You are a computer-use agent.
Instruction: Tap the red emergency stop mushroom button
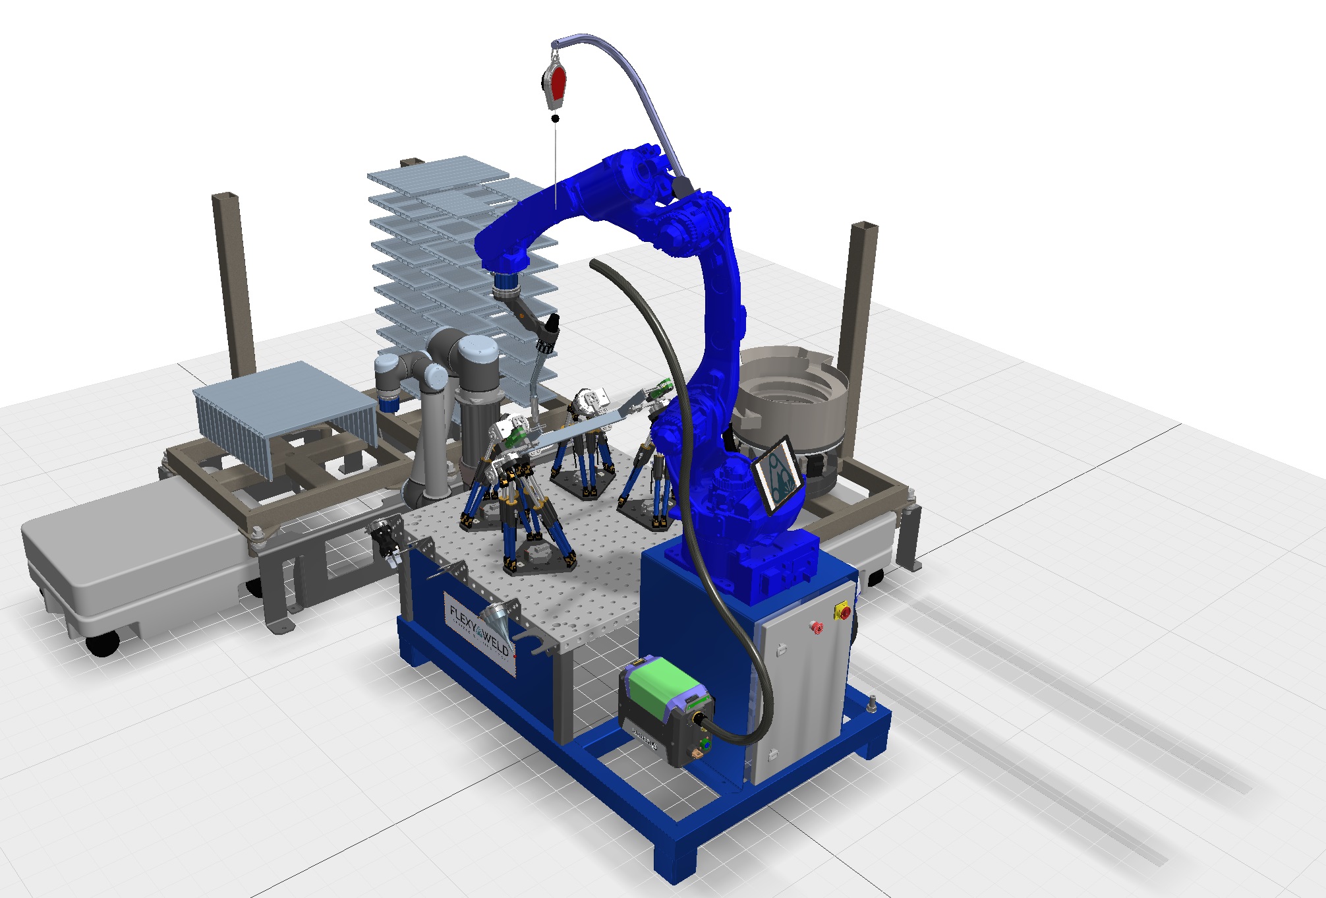(x=817, y=626)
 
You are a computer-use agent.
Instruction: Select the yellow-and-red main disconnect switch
(x=843, y=611)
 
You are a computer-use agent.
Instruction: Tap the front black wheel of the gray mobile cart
(x=103, y=644)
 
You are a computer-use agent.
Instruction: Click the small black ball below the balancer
(x=556, y=119)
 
